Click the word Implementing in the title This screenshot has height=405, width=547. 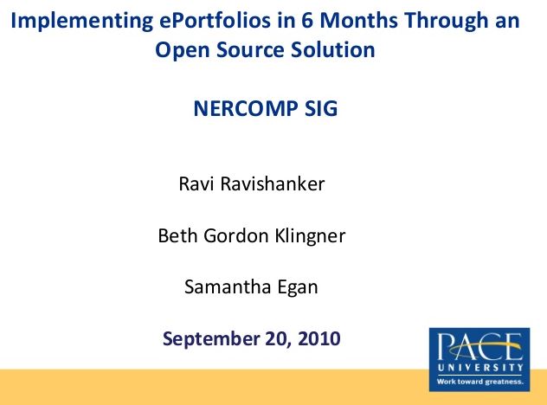pyautogui.click(x=82, y=21)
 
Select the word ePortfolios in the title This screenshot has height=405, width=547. pyautogui.click(x=215, y=20)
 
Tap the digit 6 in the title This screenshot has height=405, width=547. pyautogui.click(x=307, y=20)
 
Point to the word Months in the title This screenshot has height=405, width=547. pyautogui.click(x=358, y=20)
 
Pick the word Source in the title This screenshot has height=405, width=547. pyautogui.click(x=250, y=49)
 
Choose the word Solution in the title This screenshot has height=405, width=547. pyautogui.click(x=333, y=49)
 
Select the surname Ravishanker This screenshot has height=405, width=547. pyautogui.click(x=273, y=183)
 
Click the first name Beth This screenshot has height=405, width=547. pyautogui.click(x=178, y=235)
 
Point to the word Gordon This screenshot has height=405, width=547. pyautogui.click(x=236, y=235)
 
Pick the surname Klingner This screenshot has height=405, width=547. pyautogui.click(x=310, y=236)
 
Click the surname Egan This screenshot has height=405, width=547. pyautogui.click(x=298, y=288)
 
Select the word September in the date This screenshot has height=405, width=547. pyautogui.click(x=211, y=339)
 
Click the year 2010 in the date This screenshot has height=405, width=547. pyautogui.click(x=319, y=338)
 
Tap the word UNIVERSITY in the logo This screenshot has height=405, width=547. pyautogui.click(x=480, y=367)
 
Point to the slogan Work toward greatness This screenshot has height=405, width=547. pyautogui.click(x=480, y=382)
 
